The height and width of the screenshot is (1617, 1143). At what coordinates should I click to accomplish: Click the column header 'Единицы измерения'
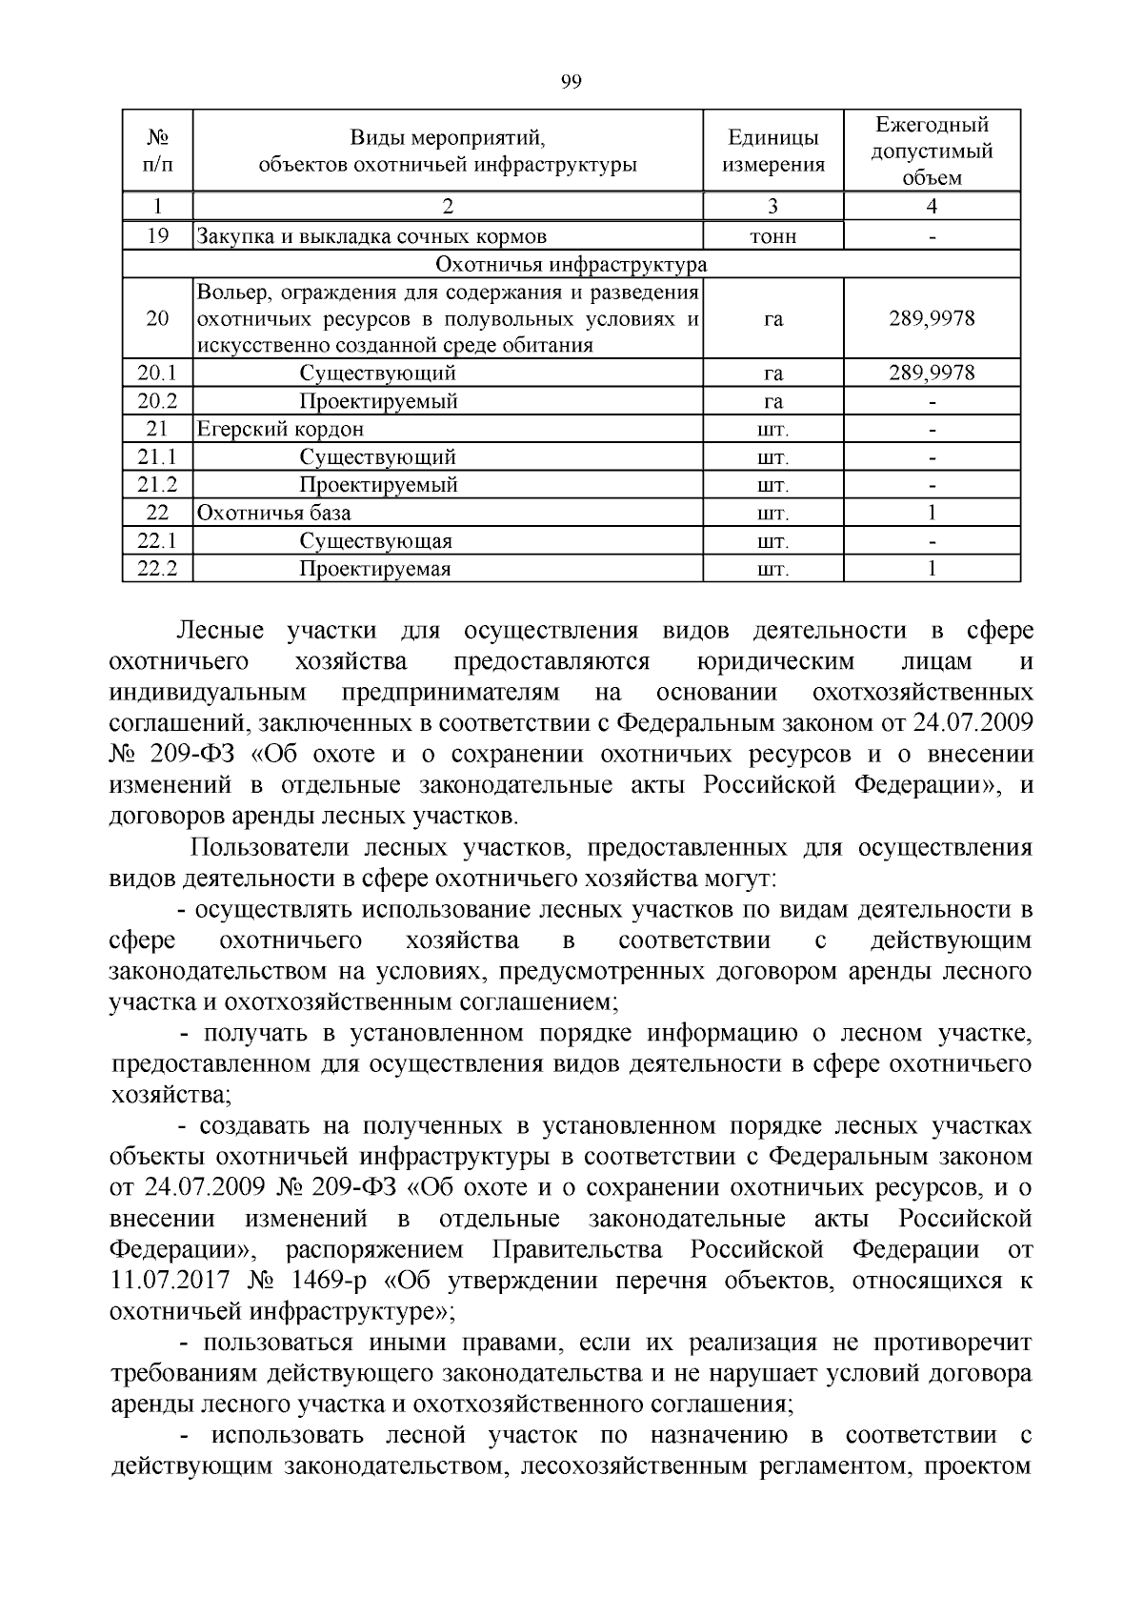[772, 151]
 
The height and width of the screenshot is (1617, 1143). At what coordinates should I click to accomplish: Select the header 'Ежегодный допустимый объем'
[932, 151]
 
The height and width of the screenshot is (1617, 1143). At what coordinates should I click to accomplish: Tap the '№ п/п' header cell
[158, 151]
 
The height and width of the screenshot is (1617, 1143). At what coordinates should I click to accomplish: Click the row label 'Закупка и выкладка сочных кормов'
[371, 236]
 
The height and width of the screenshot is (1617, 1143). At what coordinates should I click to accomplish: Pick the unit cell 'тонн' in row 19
[772, 236]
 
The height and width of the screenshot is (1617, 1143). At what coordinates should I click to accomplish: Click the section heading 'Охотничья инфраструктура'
[571, 264]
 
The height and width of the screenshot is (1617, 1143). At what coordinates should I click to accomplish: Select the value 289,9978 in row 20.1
[932, 373]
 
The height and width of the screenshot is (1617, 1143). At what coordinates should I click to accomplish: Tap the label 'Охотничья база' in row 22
[274, 513]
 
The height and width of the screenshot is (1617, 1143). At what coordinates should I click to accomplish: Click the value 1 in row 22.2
[932, 569]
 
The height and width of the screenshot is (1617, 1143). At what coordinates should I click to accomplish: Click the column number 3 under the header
[772, 207]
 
